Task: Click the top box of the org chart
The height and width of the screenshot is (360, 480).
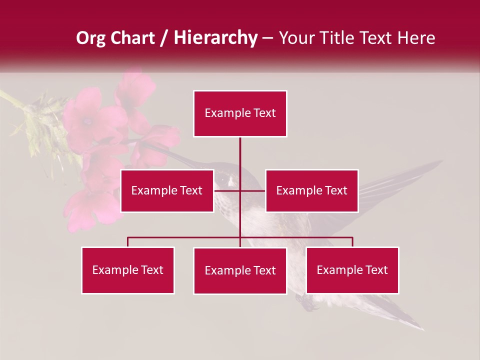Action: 240,113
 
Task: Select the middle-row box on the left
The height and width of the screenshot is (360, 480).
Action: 166,190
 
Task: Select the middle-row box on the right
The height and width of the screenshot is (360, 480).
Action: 311,190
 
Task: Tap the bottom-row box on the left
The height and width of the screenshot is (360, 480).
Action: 127,270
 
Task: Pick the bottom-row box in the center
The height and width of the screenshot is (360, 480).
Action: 240,270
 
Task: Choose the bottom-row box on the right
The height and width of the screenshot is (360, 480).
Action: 352,270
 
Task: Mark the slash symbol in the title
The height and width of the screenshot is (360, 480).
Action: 163,38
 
